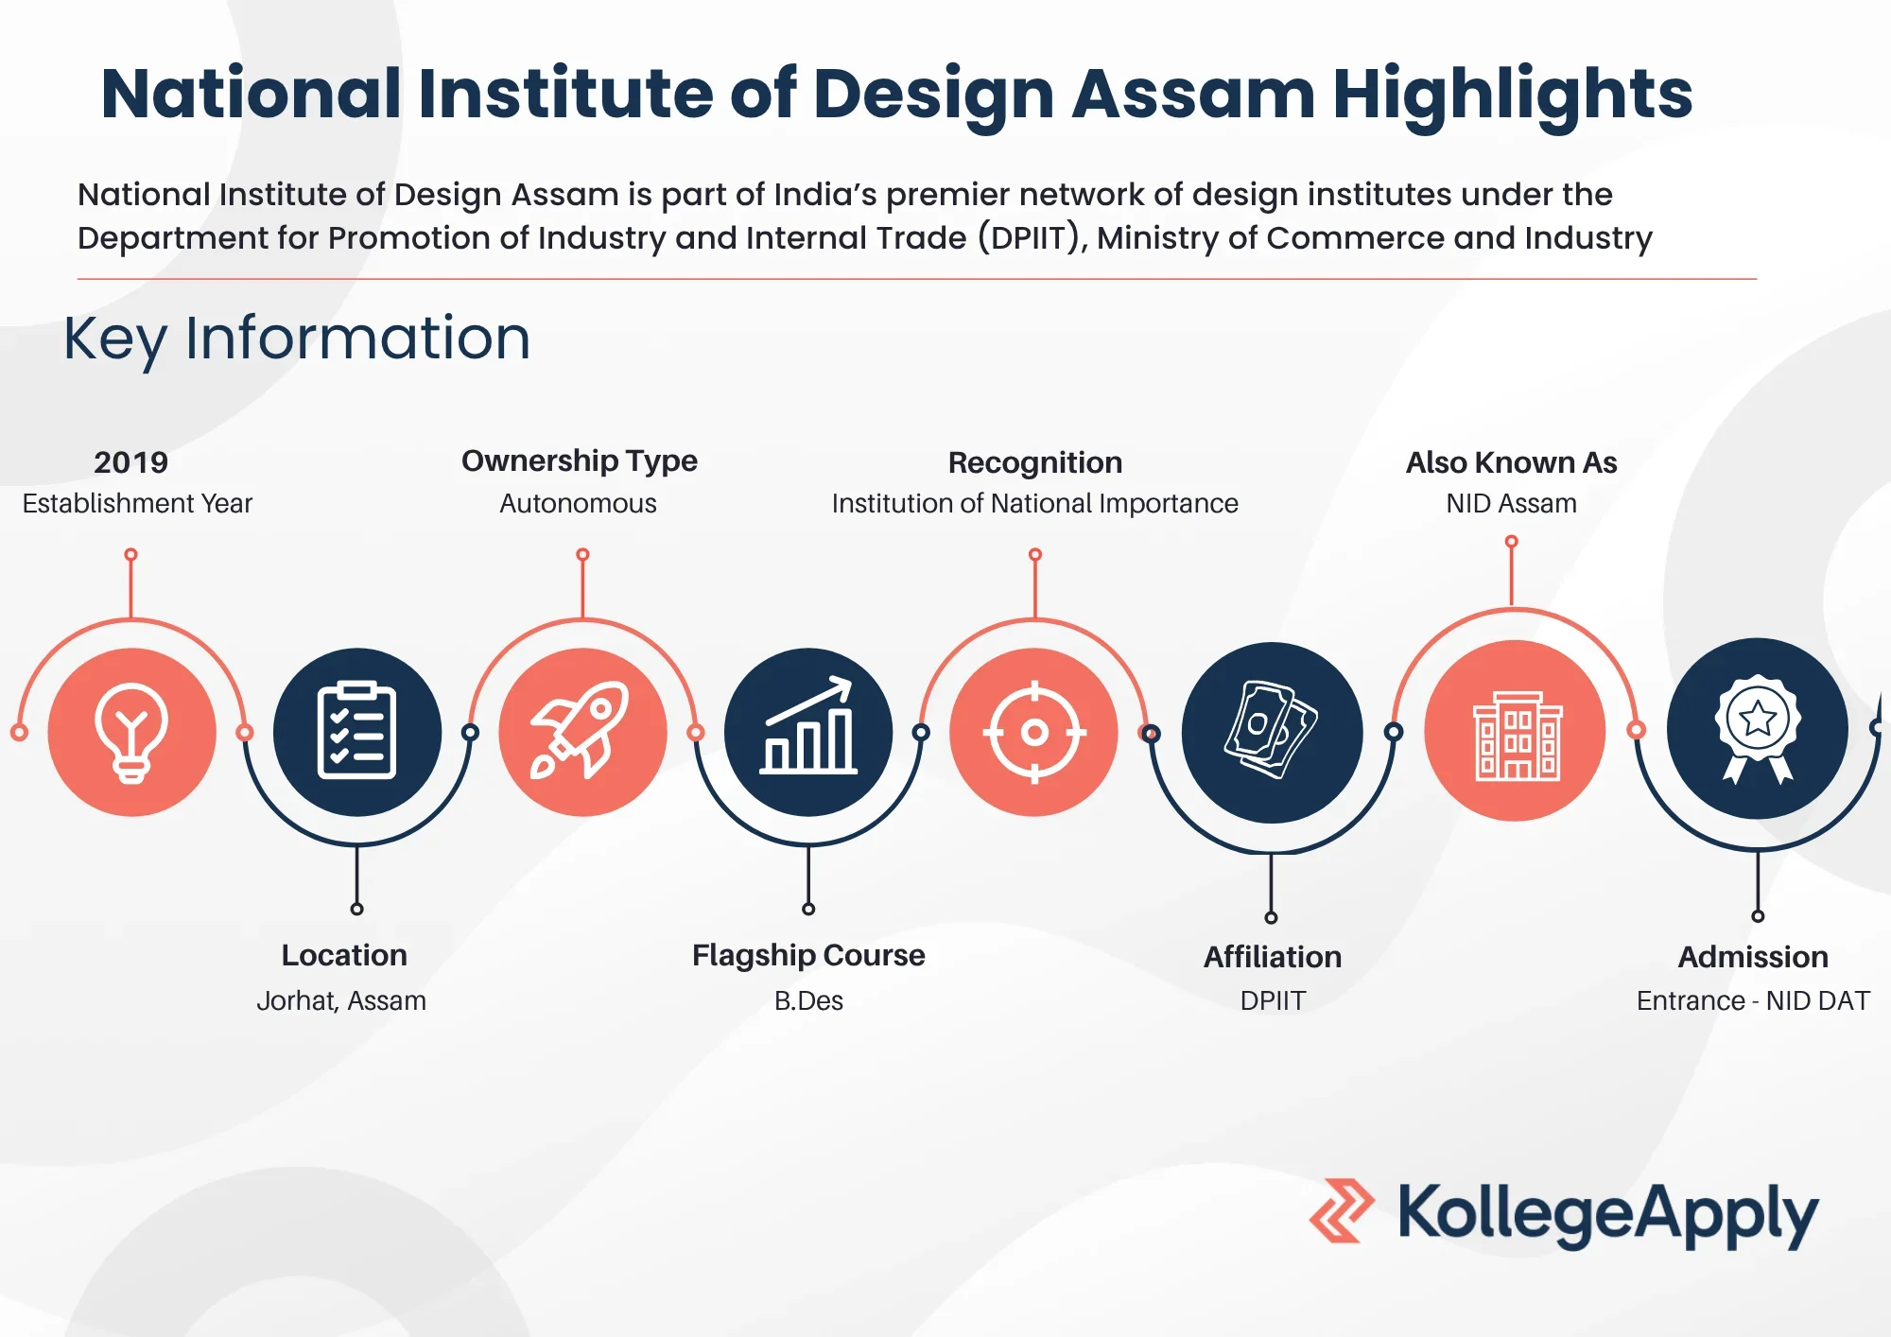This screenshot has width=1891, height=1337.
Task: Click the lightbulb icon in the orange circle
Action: [x=131, y=732]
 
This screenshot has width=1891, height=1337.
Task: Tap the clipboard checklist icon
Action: [x=356, y=731]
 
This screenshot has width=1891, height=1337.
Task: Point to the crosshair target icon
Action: [x=1034, y=732]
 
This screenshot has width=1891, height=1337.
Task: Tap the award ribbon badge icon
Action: [x=1758, y=728]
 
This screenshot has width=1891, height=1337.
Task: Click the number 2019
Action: [x=130, y=462]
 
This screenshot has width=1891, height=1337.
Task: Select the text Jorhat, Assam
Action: [x=341, y=1000]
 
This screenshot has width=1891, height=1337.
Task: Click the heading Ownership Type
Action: [x=579, y=460]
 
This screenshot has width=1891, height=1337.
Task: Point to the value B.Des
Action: [x=808, y=1000]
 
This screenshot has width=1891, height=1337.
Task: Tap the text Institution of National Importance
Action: [x=1034, y=503]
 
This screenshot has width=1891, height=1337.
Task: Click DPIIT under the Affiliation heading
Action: [x=1273, y=1000]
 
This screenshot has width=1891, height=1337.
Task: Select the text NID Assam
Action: [x=1511, y=503]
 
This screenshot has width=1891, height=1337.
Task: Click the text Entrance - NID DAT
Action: [x=1753, y=1000]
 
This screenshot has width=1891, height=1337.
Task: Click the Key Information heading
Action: [x=297, y=339]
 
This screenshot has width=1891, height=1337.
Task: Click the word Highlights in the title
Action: [x=1512, y=94]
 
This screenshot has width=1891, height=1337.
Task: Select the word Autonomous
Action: [x=578, y=503]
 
